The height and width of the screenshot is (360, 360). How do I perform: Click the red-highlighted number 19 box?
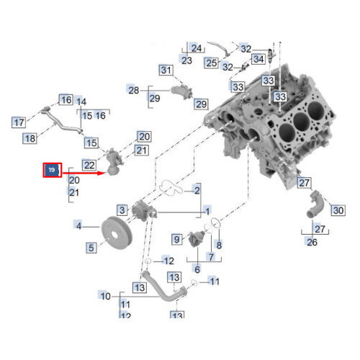click(53, 171)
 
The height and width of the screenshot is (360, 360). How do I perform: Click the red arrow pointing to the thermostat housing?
click(83, 173)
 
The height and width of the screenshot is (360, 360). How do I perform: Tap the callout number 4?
click(79, 225)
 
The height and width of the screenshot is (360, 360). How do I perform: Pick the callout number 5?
click(91, 248)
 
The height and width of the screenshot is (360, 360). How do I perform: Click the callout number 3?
click(123, 210)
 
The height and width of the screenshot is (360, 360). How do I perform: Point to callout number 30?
click(338, 210)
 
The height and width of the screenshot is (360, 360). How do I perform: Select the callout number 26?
click(312, 243)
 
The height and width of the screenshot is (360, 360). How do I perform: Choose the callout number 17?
click(19, 122)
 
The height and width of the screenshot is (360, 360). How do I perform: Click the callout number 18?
click(30, 138)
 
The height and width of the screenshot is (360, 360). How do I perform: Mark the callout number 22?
click(89, 165)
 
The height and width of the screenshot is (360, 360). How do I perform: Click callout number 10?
click(105, 295)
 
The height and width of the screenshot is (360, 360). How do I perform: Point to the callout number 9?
click(176, 238)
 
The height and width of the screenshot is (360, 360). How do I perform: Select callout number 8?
click(219, 245)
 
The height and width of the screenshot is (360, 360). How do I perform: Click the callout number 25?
click(211, 63)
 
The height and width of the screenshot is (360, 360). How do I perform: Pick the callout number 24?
click(196, 48)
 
